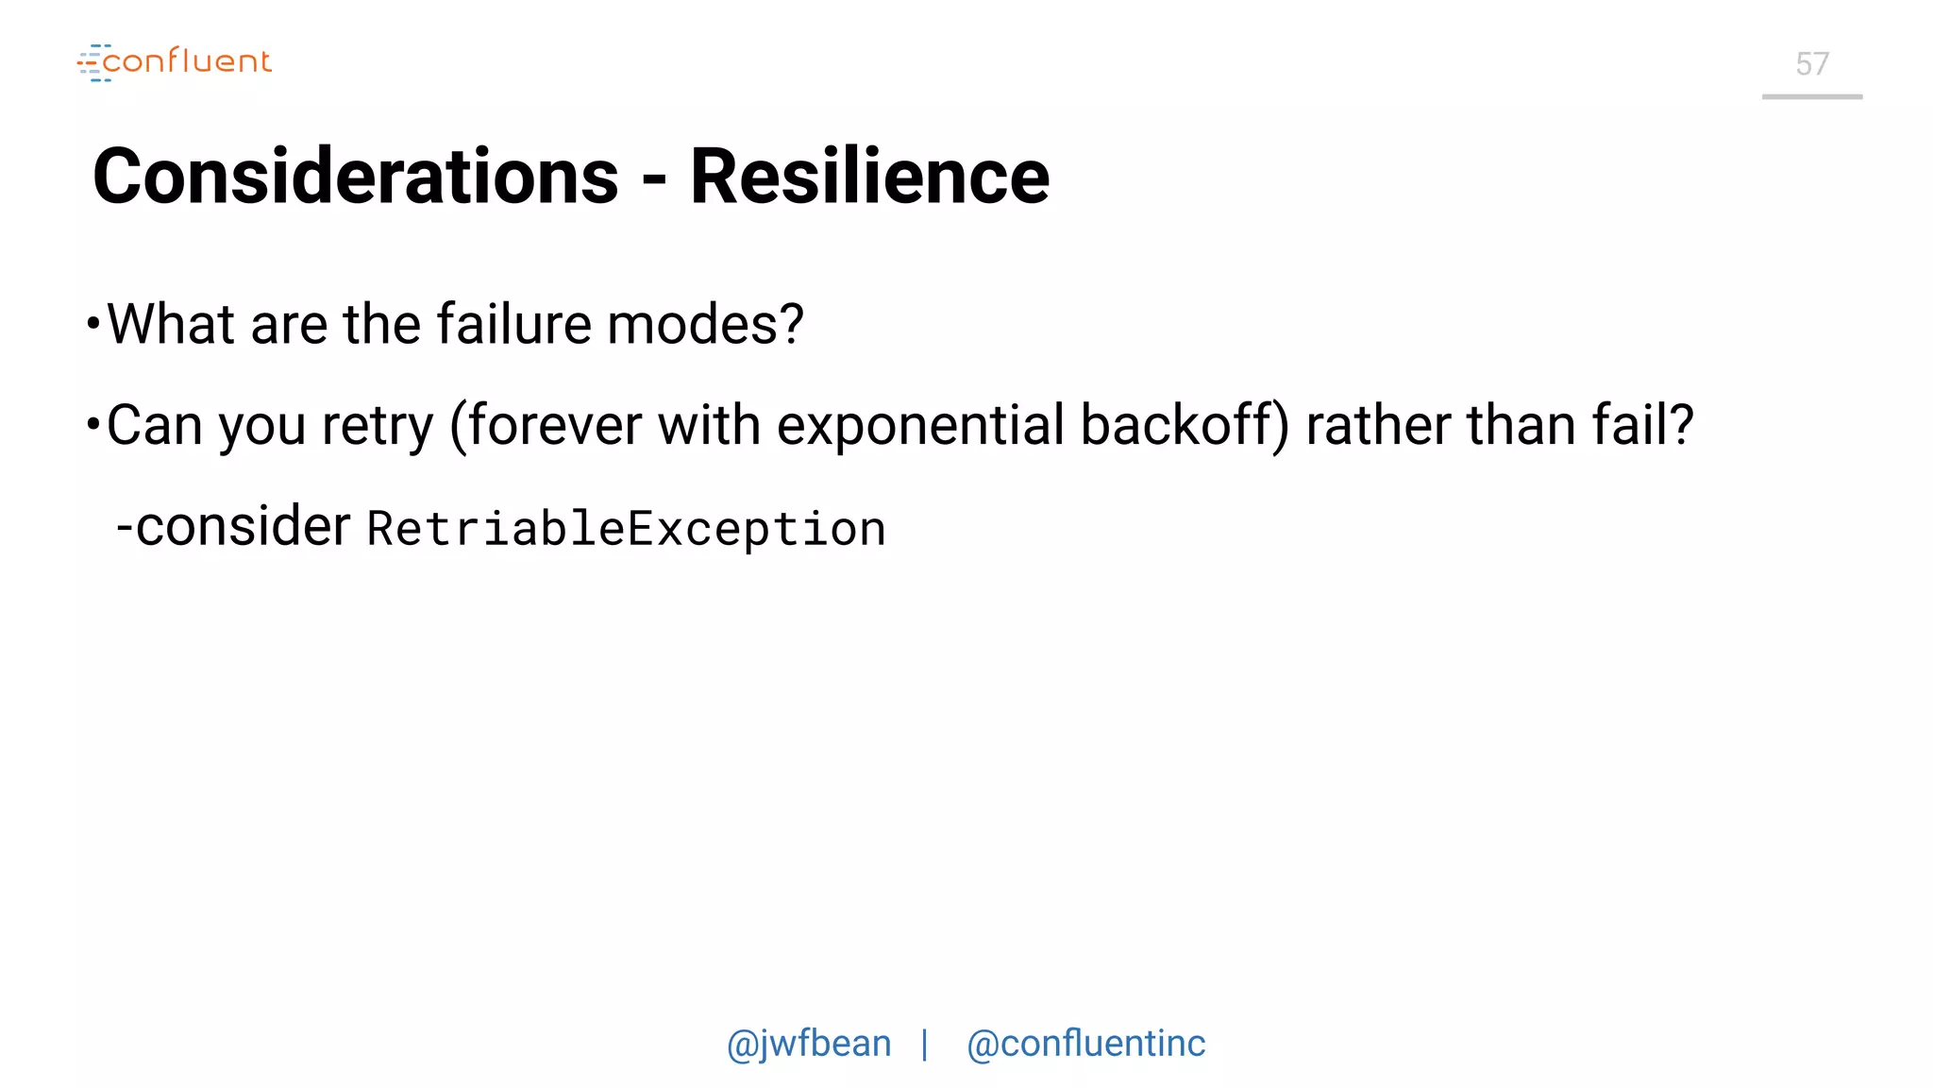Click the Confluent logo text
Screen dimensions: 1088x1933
point(186,61)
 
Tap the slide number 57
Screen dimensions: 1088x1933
point(1811,64)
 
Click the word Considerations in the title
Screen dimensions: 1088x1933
point(356,177)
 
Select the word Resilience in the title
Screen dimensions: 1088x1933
point(869,177)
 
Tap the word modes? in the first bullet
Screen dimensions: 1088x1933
point(705,324)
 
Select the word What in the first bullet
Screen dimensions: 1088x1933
point(171,324)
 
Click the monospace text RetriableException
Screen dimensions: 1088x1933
point(626,529)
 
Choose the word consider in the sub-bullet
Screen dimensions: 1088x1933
point(243,526)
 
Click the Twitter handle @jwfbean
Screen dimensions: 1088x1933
point(809,1044)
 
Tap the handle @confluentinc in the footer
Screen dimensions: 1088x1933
point(1085,1044)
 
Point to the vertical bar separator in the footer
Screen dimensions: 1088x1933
point(925,1045)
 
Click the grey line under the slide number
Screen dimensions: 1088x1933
point(1811,96)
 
